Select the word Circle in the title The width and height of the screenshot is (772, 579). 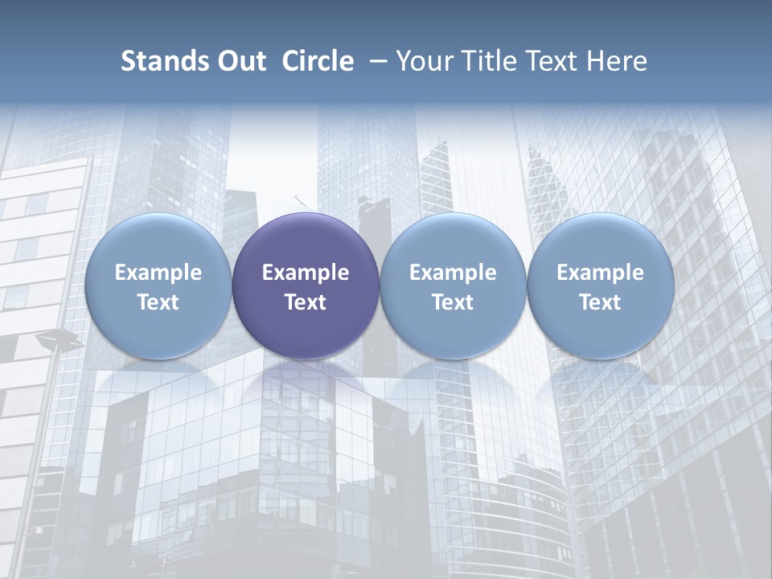(x=318, y=61)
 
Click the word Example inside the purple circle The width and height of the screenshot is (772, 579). (x=306, y=273)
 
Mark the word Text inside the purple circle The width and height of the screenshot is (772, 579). (x=306, y=302)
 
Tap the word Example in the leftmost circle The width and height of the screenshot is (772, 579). (x=158, y=273)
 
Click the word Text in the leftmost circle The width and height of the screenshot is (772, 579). (x=158, y=302)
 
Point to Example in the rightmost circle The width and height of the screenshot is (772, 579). (x=600, y=273)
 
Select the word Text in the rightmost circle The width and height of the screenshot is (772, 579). (x=600, y=302)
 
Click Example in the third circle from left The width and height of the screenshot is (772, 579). (x=453, y=273)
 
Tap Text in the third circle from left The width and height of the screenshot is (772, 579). (x=453, y=302)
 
